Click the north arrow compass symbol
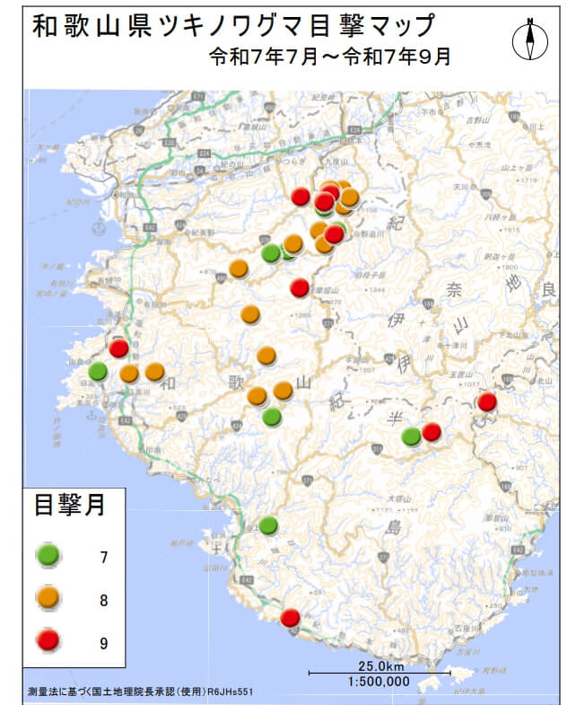point(530,40)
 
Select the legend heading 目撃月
point(70,505)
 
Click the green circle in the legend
point(48,556)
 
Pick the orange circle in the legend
point(48,598)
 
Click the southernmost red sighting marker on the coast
point(290,618)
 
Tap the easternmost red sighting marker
point(486,401)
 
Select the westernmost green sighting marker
point(98,371)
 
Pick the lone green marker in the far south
point(268,524)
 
